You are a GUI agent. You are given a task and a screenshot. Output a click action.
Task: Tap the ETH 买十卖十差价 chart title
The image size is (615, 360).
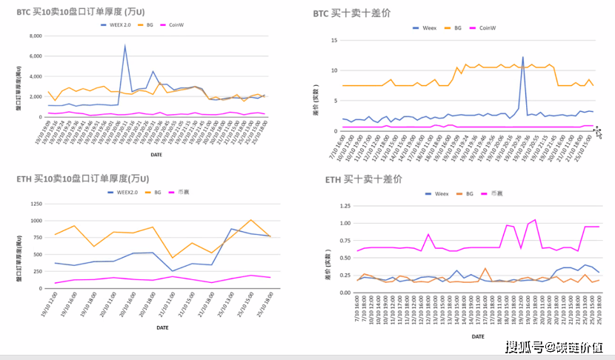pyautogui.click(x=363, y=179)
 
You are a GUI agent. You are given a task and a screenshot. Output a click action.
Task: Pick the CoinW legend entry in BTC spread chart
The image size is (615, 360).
pyautogui.click(x=487, y=27)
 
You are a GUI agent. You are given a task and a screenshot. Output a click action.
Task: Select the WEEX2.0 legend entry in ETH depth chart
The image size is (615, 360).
pyautogui.click(x=127, y=192)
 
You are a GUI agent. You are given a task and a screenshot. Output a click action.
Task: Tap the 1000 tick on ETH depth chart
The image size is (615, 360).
pyautogui.click(x=36, y=221)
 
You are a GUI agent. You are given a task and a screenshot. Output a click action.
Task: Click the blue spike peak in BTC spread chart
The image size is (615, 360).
pyautogui.click(x=523, y=57)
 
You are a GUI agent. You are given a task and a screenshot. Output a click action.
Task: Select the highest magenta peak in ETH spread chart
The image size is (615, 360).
pyautogui.click(x=535, y=219)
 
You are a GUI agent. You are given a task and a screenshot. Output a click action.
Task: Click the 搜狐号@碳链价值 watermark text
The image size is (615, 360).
pyautogui.click(x=554, y=347)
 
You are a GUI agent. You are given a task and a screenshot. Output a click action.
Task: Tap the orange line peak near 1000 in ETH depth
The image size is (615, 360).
pyautogui.click(x=250, y=220)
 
